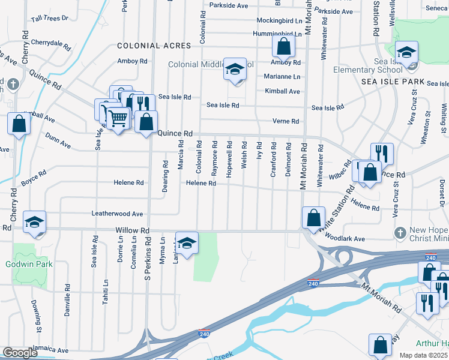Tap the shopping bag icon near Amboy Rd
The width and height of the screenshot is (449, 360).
[283, 46]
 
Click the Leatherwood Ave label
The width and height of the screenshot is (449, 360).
[117, 214]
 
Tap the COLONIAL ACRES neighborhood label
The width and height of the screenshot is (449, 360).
[154, 46]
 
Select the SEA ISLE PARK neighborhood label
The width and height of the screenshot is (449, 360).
[393, 81]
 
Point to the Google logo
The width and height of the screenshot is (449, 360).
[20, 353]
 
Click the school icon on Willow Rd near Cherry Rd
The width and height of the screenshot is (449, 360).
[34, 222]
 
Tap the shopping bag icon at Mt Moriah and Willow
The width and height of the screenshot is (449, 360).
[313, 217]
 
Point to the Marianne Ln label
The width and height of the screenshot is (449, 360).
[282, 77]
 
